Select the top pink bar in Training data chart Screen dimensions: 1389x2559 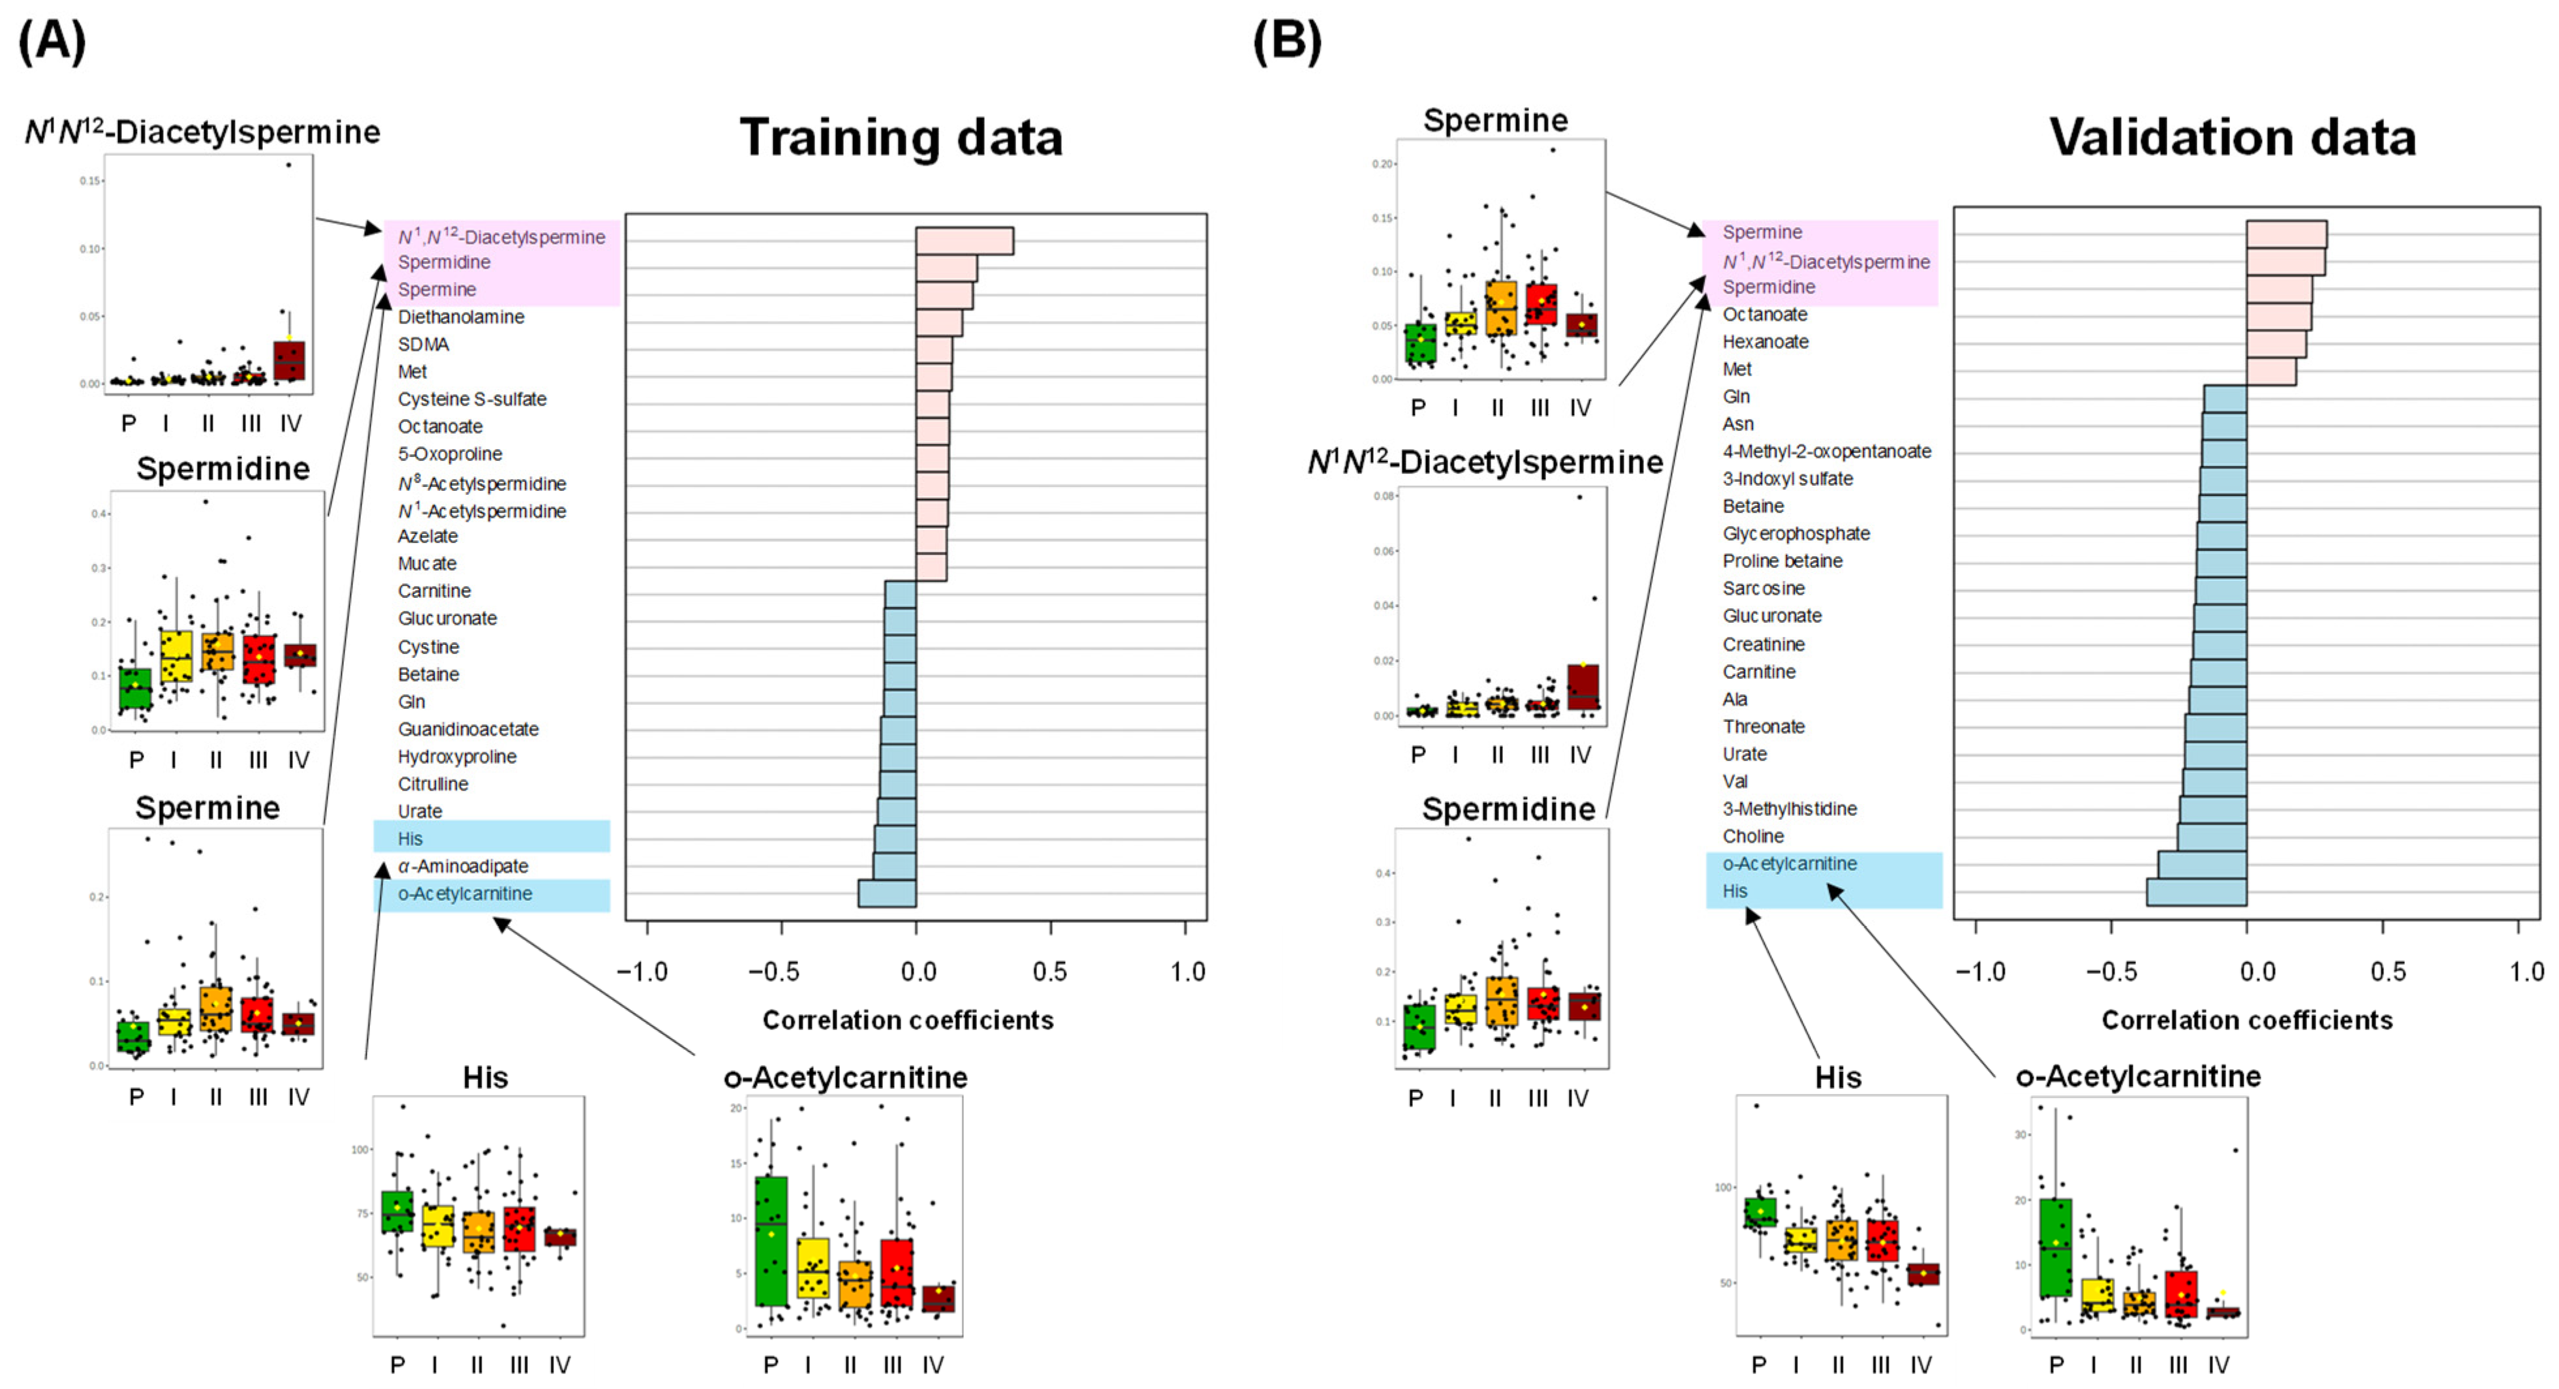pyautogui.click(x=963, y=242)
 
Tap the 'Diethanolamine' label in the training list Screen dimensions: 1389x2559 pyautogui.click(x=461, y=317)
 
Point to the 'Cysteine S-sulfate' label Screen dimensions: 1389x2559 pyautogui.click(x=472, y=399)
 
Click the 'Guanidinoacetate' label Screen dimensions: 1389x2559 pyautogui.click(x=468, y=729)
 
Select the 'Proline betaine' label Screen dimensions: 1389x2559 pyautogui.click(x=1782, y=561)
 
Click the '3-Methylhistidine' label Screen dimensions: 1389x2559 pyautogui.click(x=1789, y=809)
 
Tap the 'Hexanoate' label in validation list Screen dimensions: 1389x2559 pyautogui.click(x=1765, y=342)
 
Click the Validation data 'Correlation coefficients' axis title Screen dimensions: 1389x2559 pyautogui.click(x=2246, y=1020)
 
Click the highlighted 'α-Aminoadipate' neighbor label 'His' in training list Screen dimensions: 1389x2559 pyautogui.click(x=411, y=839)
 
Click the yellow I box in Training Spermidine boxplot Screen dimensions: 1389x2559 pyautogui.click(x=176, y=656)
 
